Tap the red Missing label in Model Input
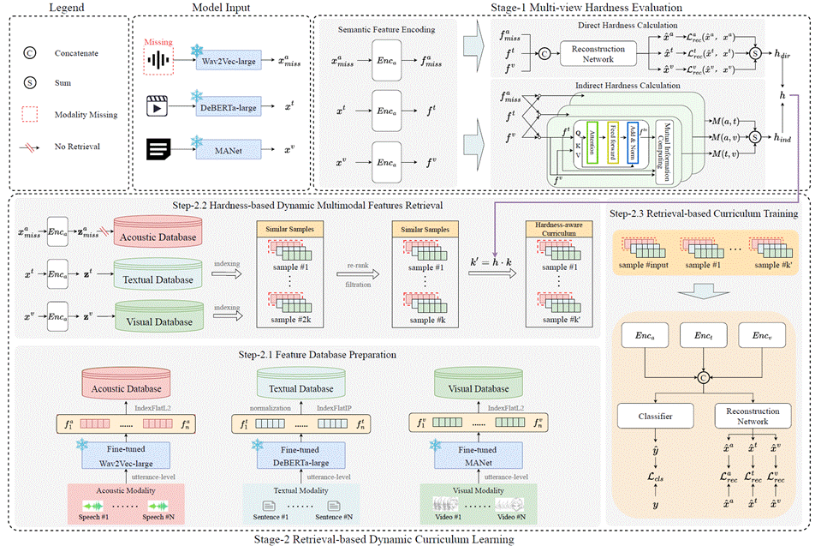tap(158, 40)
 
